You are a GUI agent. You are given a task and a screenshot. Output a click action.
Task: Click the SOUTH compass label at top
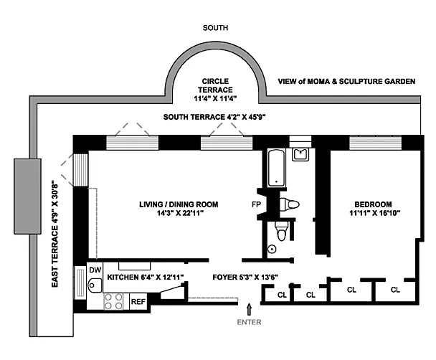(215, 29)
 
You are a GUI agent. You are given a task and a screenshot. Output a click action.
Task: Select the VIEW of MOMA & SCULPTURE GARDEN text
(346, 81)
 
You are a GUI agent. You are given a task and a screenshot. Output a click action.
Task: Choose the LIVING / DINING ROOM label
(179, 209)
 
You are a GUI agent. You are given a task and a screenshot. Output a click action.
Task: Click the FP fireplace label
(256, 204)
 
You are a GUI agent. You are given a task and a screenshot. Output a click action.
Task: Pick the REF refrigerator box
(138, 302)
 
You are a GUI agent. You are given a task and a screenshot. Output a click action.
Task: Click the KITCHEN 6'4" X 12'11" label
(146, 277)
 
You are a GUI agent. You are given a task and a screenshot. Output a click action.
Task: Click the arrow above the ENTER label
(249, 309)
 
